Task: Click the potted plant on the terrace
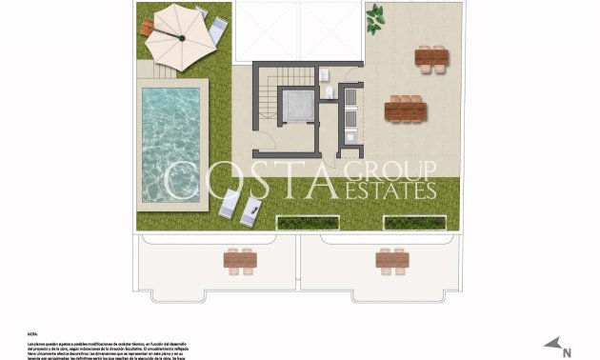click(x=376, y=15)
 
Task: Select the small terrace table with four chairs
click(x=431, y=57)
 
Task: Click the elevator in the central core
click(x=295, y=109)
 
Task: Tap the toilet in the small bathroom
click(x=329, y=91)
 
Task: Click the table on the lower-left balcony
click(x=240, y=258)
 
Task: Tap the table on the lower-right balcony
click(x=391, y=258)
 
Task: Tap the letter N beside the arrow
click(x=567, y=352)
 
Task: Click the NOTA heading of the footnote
click(x=33, y=334)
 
